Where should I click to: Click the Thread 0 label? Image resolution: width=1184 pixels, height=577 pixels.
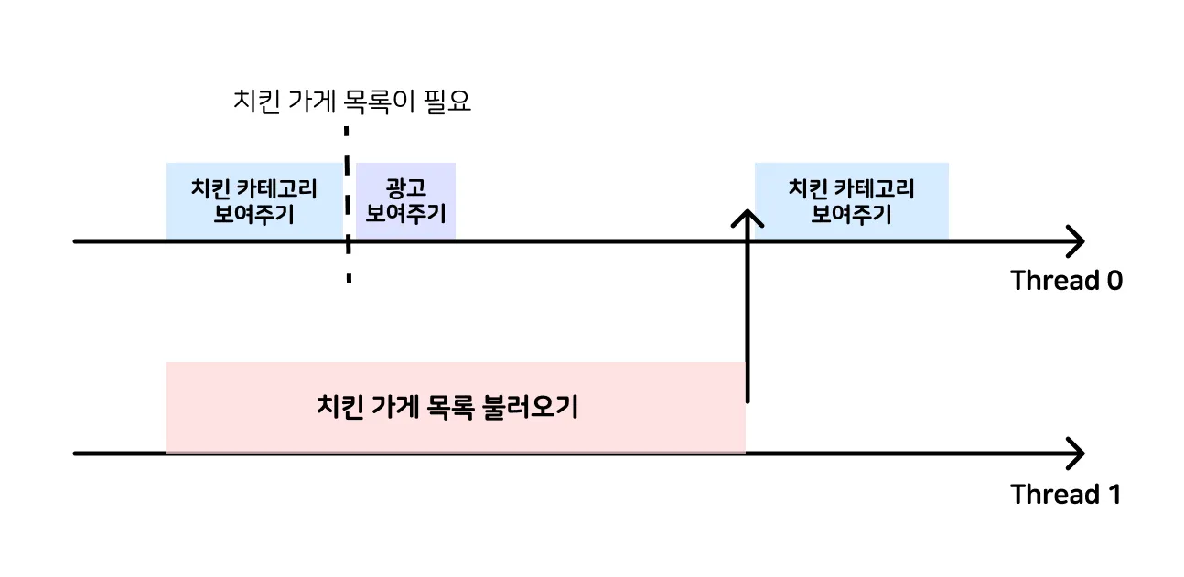[x=1066, y=281]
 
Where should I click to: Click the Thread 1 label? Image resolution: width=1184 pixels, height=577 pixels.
[x=1065, y=495]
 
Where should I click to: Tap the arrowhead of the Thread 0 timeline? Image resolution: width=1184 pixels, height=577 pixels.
[x=1076, y=242]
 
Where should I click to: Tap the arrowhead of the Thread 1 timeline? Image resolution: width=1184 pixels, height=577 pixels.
[x=1076, y=453]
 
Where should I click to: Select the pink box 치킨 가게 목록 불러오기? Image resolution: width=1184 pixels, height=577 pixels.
[x=455, y=407]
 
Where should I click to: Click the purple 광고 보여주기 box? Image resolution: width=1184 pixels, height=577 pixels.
[x=405, y=201]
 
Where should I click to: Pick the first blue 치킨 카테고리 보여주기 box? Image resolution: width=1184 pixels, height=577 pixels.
[x=253, y=201]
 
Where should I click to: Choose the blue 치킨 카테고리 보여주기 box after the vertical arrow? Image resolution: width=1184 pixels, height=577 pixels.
[x=851, y=201]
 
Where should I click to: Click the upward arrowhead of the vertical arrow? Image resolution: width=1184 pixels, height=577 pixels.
[x=748, y=218]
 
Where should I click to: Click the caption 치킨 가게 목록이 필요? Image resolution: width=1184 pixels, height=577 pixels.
[x=353, y=101]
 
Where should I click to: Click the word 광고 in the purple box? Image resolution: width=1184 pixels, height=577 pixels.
[x=405, y=189]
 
